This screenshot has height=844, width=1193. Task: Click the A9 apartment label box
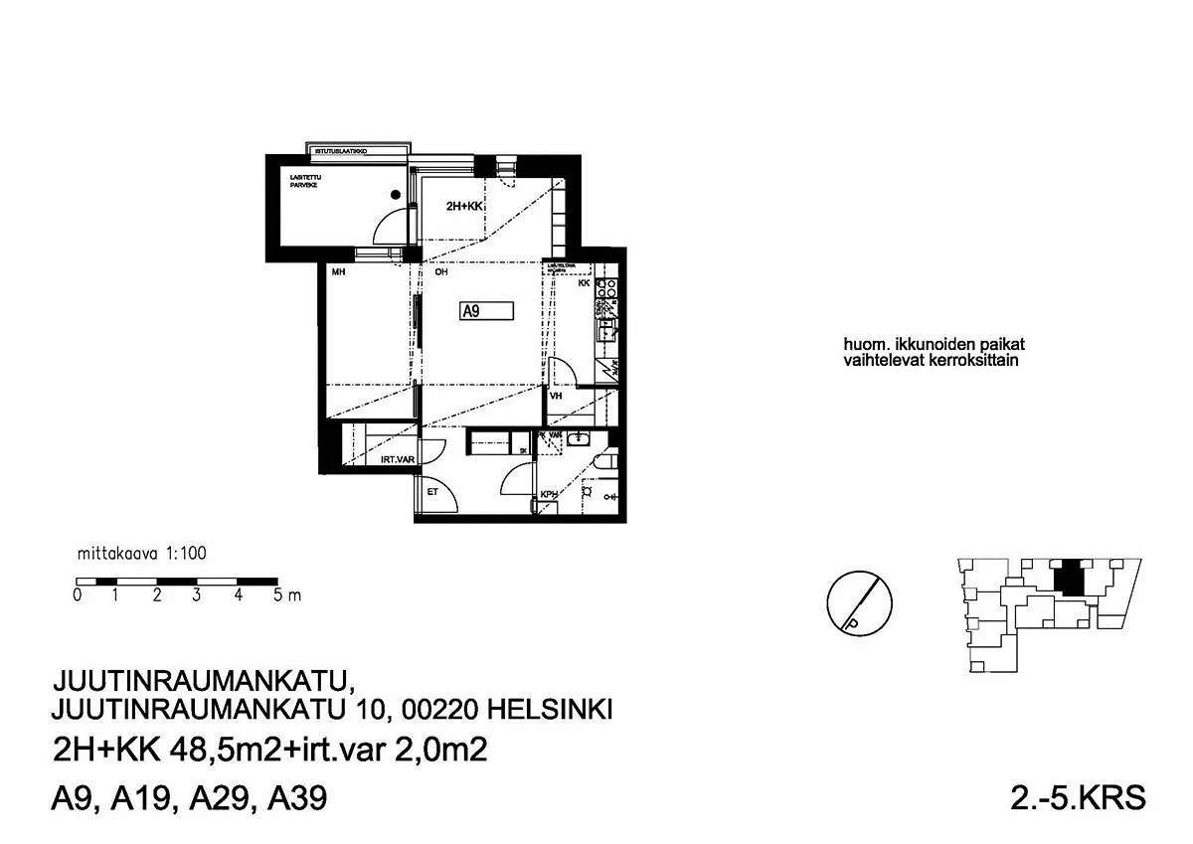[486, 311]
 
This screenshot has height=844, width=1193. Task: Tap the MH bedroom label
[338, 271]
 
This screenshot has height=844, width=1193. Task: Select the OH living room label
[440, 271]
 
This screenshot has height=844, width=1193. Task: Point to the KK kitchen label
[585, 284]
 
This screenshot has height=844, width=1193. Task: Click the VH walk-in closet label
[556, 396]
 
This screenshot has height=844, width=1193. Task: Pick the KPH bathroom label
[548, 495]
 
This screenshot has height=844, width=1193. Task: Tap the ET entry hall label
[432, 491]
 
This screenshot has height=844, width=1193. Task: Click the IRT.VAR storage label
[397, 459]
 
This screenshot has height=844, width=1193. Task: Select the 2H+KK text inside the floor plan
[464, 207]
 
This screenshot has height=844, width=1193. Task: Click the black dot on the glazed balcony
[395, 196]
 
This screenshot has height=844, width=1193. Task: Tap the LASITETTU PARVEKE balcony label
[303, 182]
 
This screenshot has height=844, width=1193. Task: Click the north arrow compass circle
[856, 603]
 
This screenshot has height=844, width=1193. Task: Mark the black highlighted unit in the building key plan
[1069, 578]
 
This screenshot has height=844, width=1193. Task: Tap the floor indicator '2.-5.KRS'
[1078, 797]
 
